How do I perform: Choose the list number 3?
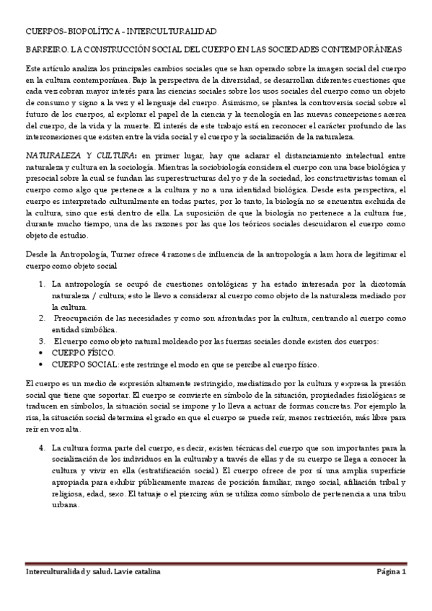[43, 340]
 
